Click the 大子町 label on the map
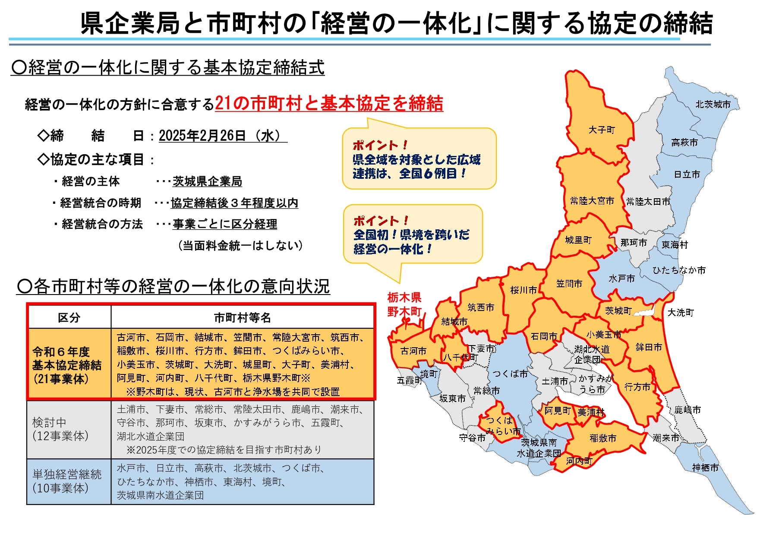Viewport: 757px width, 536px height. [602, 130]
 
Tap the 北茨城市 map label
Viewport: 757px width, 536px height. [713, 104]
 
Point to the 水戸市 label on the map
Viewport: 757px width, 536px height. [621, 279]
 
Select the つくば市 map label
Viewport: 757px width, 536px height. [510, 374]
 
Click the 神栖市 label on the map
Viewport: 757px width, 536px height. [705, 467]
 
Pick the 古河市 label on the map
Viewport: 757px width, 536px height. [413, 351]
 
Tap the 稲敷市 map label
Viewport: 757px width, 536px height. [603, 438]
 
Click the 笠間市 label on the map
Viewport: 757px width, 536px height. [569, 283]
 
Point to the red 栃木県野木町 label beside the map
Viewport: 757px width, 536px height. [404, 304]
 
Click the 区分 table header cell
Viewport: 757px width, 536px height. [69, 318]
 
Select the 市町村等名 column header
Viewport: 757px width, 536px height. [242, 318]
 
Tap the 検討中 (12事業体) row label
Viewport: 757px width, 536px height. [60, 429]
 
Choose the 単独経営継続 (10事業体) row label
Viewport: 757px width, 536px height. [67, 481]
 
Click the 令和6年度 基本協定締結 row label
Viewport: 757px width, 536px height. [67, 365]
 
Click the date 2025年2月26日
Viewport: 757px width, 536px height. [202, 136]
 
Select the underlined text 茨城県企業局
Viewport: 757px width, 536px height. [207, 181]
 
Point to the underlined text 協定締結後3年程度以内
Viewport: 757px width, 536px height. [234, 203]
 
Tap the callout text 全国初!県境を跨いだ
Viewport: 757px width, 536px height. [411, 235]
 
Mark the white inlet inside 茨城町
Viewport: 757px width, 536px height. [643, 311]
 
